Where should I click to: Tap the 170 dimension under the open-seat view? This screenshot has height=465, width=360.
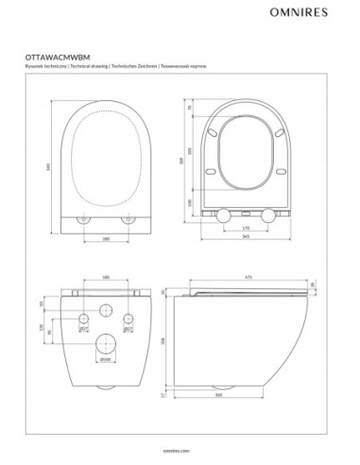pos(246,228)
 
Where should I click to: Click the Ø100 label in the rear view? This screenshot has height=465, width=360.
pos(104,360)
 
